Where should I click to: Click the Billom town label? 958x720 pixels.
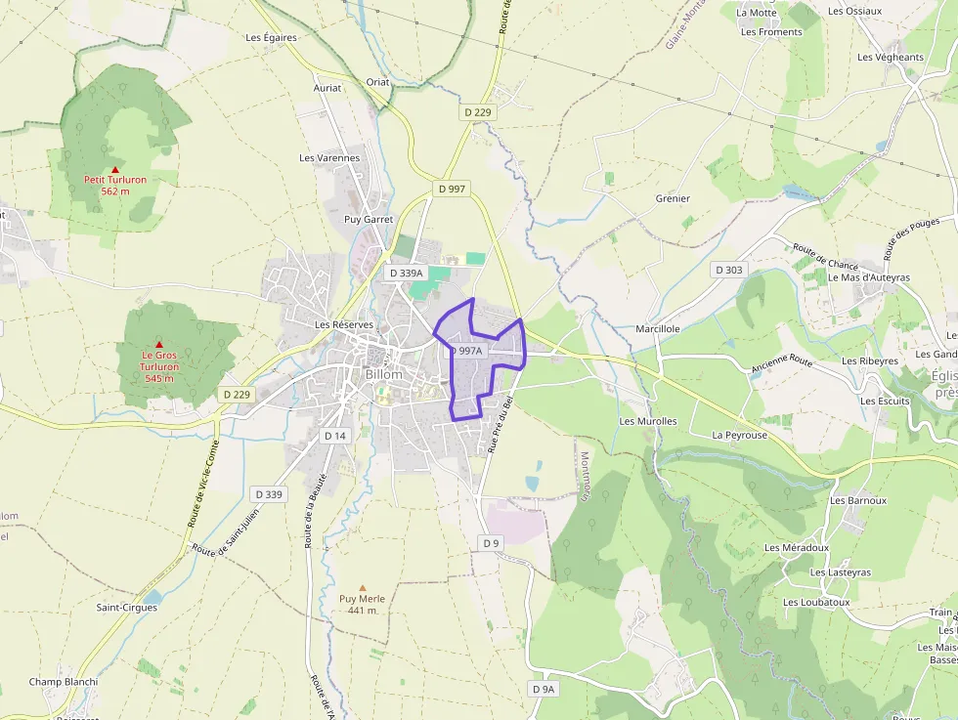click(x=383, y=374)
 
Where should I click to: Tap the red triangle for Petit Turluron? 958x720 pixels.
click(x=114, y=169)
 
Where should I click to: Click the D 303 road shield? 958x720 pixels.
click(x=729, y=270)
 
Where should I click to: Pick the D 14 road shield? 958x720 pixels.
click(x=335, y=436)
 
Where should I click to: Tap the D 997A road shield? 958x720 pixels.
click(x=466, y=351)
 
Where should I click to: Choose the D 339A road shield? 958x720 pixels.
click(x=405, y=274)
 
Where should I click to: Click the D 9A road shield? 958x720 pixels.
click(x=544, y=689)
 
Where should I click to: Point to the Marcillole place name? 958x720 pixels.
click(x=657, y=329)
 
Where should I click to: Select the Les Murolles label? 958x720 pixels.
click(x=648, y=421)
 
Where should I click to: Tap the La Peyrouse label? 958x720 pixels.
click(x=739, y=435)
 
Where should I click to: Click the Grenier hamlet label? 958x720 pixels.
click(x=673, y=198)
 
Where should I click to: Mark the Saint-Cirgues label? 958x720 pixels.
click(x=126, y=607)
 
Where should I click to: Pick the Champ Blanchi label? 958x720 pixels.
click(x=64, y=682)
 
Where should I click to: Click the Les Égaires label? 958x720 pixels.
click(x=271, y=38)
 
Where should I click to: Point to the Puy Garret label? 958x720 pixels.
click(x=369, y=220)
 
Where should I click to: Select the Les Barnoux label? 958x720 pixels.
click(x=858, y=500)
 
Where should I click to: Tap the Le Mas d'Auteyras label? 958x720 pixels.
click(x=869, y=277)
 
